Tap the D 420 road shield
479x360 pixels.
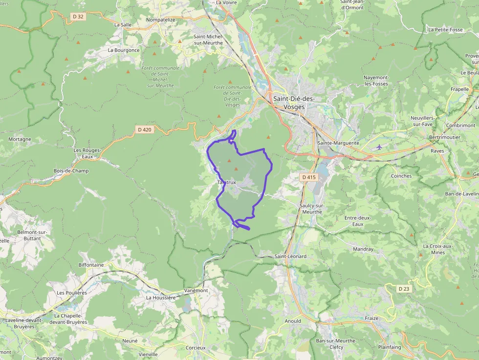[144, 129]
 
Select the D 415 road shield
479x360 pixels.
[308, 177]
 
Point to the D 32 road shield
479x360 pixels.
[78, 17]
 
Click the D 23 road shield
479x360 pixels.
[403, 289]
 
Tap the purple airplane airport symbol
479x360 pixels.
[379, 147]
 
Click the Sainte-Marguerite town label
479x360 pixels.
[338, 143]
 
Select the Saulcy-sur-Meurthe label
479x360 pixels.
[311, 209]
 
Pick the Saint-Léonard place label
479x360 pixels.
[290, 256]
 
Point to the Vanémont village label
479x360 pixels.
[196, 290]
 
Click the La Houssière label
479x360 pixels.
[161, 297]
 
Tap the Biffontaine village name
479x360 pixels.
[91, 265]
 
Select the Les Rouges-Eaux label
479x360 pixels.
[87, 153]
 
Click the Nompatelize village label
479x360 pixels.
[160, 20]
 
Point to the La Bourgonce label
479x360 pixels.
[124, 50]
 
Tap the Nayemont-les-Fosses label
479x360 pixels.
[376, 81]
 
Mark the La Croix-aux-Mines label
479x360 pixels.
[438, 249]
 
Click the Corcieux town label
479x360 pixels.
[196, 348]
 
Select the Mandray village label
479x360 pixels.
[363, 249]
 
